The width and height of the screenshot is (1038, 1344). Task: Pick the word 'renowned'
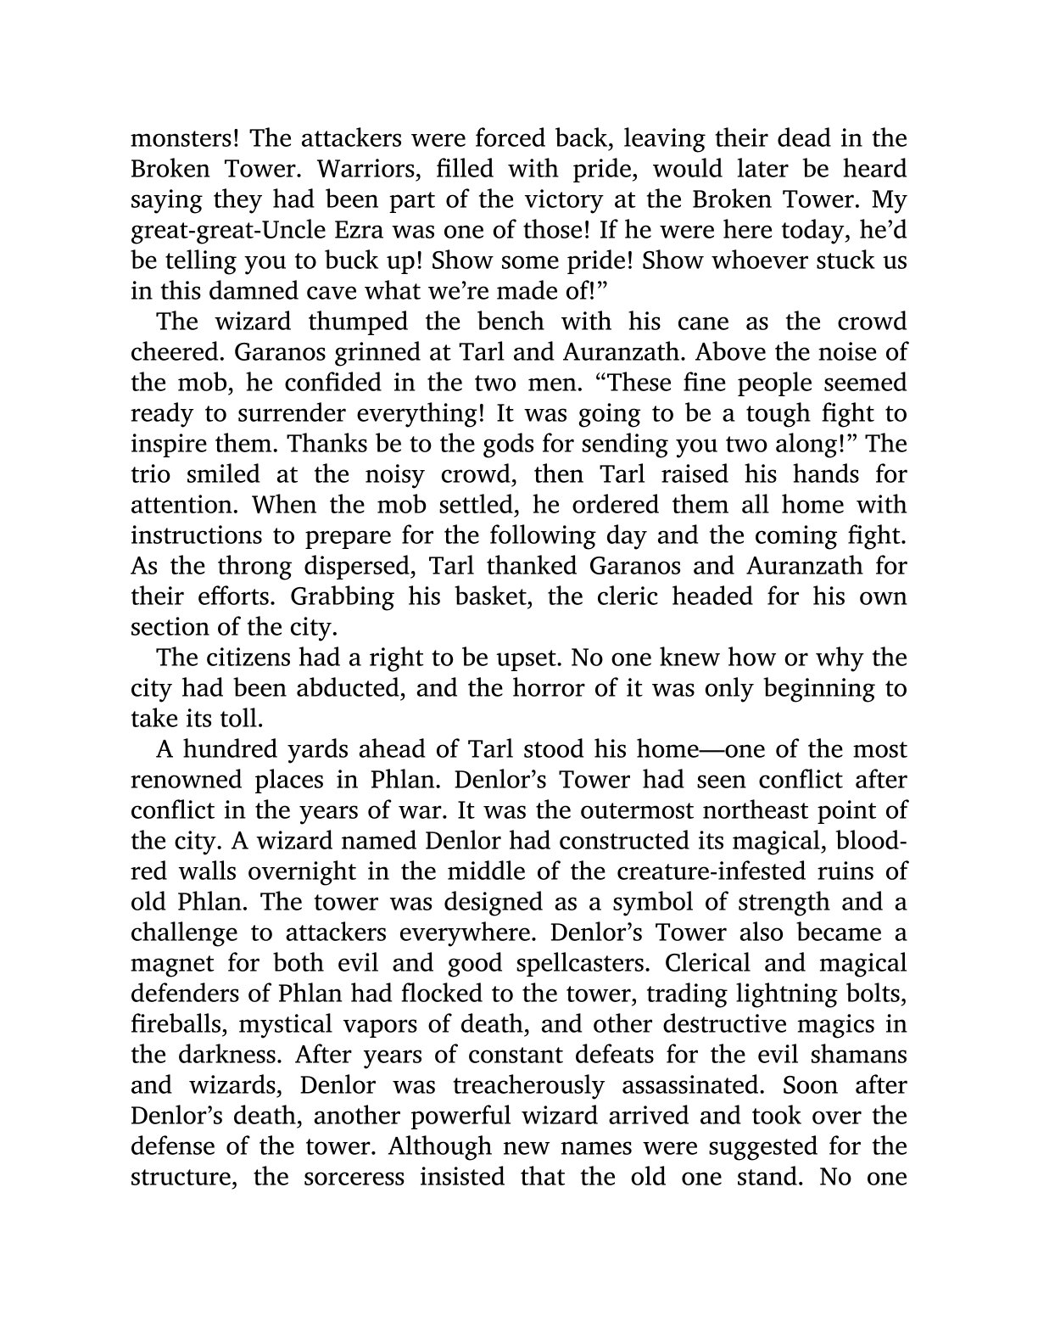[x=181, y=781]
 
